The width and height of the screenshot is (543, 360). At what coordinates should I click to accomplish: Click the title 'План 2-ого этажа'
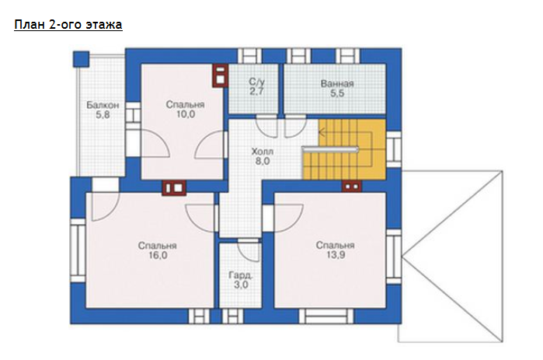click(68, 26)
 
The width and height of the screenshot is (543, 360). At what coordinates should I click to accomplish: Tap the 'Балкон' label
click(103, 105)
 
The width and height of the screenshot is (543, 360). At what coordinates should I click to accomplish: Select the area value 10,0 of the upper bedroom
click(186, 114)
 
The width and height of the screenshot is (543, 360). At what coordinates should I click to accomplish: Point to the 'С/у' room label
click(256, 82)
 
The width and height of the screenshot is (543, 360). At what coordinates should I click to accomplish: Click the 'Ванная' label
click(337, 83)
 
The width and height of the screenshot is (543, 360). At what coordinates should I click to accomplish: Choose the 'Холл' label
click(262, 152)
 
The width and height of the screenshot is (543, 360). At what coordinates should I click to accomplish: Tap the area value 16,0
click(158, 255)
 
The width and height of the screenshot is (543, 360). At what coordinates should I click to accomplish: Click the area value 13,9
click(336, 255)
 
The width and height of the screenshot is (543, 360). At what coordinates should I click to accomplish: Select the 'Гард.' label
click(240, 275)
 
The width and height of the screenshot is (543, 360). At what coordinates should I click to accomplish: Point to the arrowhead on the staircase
click(321, 132)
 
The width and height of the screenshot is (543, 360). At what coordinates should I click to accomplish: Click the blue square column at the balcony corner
click(81, 59)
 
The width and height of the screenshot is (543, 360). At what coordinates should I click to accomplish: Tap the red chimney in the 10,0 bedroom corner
click(221, 75)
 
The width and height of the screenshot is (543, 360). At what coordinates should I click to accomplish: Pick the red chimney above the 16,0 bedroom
click(174, 188)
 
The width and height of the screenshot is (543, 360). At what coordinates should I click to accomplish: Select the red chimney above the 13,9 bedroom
click(352, 187)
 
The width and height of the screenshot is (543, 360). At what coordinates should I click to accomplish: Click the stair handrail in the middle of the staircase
click(330, 149)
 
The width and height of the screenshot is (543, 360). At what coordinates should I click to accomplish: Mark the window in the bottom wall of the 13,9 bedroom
click(326, 316)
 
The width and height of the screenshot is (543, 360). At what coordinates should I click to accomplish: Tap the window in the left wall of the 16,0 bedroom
click(78, 250)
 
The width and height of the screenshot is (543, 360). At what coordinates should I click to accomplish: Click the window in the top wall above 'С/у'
click(249, 56)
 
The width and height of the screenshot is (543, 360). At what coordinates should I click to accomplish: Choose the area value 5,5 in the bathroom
click(337, 93)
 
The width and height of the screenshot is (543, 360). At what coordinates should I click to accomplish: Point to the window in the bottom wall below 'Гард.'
click(232, 316)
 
